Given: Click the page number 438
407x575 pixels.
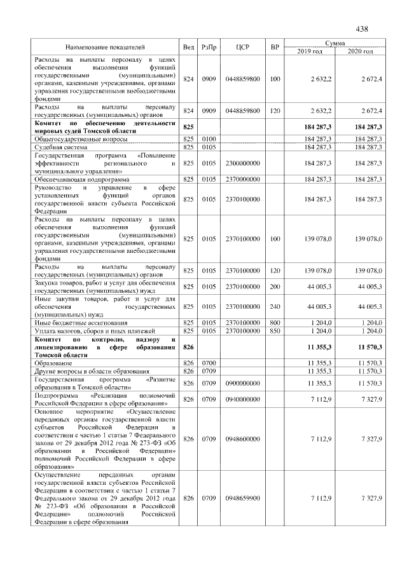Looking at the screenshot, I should coord(362,29).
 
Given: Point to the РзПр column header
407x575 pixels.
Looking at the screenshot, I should coord(209,47).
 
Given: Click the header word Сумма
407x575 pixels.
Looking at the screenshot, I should coord(335,43).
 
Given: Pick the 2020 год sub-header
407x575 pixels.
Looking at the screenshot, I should coord(360,51).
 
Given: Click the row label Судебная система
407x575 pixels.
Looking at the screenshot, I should coord(62,147).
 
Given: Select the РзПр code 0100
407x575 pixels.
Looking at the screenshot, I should coord(209,138).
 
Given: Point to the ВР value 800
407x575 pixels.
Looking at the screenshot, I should coord(275,323).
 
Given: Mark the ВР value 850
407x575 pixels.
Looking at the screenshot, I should coord(275,332).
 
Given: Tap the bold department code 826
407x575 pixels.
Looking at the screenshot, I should coord(188,348).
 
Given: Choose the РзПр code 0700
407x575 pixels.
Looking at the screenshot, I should coord(209,362).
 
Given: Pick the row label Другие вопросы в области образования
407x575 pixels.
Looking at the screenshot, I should coord(92,370).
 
